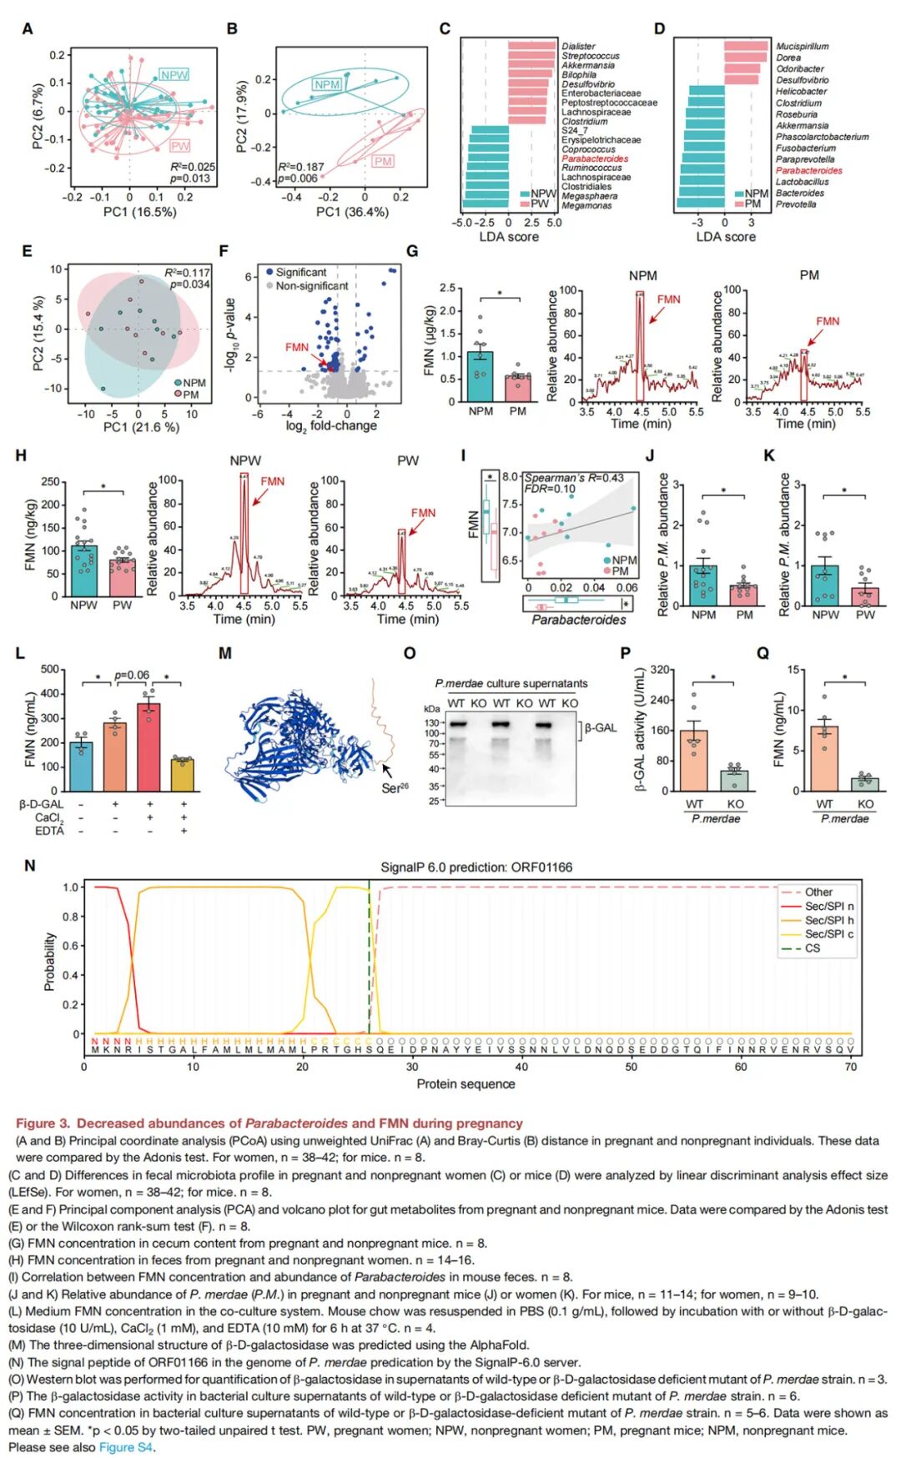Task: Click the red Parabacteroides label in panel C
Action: click(594, 158)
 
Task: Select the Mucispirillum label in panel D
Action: click(802, 47)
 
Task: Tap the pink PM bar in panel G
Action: click(518, 389)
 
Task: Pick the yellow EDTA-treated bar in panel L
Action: click(183, 775)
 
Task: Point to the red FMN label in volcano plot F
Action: click(297, 347)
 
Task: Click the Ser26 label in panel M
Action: click(395, 787)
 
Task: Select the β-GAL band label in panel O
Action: click(601, 728)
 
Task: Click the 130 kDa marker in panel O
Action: click(432, 723)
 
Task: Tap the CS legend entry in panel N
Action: click(812, 948)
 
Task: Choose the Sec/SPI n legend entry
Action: click(828, 906)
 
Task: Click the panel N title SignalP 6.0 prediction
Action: click(476, 867)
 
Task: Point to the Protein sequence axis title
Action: click(466, 1083)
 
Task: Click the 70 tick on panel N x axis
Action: click(850, 1067)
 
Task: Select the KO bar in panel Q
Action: click(865, 784)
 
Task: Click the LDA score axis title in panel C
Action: click(509, 237)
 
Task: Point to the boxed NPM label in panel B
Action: click(327, 84)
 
